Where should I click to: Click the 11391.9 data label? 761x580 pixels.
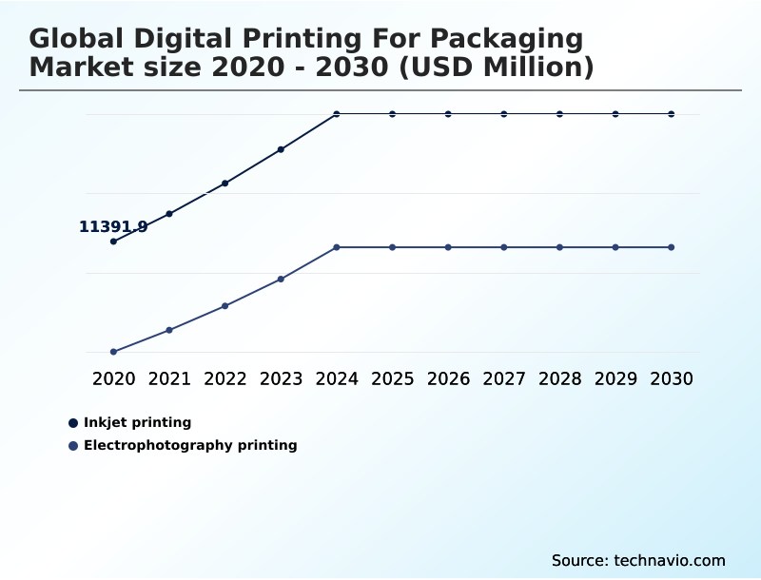click(x=112, y=226)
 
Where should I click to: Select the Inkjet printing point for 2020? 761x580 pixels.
click(x=113, y=242)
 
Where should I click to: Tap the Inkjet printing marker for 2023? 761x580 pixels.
click(x=281, y=149)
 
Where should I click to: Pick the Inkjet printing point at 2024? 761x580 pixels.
click(x=337, y=114)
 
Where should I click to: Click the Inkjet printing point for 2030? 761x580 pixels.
click(x=672, y=114)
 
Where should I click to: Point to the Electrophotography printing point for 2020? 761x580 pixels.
click(x=113, y=352)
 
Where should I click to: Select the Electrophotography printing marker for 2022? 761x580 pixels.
click(x=225, y=306)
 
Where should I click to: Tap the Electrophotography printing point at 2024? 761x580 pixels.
click(x=337, y=247)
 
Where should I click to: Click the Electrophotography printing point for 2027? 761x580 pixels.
click(x=504, y=247)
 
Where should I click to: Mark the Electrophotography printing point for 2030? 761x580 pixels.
click(x=672, y=247)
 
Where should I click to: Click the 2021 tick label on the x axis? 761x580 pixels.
click(x=169, y=378)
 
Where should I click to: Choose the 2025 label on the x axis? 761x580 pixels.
click(x=392, y=378)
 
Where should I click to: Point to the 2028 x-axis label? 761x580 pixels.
click(x=559, y=378)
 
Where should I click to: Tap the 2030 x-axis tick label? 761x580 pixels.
click(x=672, y=378)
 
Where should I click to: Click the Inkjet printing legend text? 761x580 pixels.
click(x=137, y=422)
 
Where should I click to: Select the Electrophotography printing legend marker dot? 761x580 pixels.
click(x=73, y=446)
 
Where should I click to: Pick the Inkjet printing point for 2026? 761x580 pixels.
click(x=448, y=114)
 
